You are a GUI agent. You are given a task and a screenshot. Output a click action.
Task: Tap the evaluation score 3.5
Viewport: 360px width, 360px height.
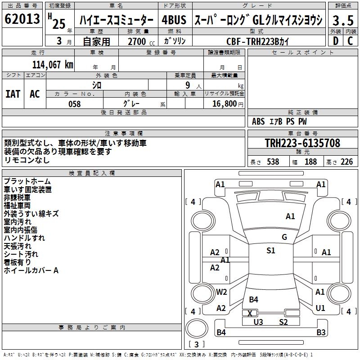343,20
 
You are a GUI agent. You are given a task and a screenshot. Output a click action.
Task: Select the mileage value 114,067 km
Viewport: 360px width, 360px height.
53,64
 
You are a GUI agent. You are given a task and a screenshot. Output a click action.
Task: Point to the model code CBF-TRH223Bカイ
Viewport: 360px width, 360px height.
258,41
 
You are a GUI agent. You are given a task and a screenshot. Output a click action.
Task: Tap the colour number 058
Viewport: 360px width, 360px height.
74,104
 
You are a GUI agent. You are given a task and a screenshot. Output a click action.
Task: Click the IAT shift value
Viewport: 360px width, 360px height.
13,94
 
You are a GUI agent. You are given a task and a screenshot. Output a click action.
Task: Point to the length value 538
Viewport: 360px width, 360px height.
273,162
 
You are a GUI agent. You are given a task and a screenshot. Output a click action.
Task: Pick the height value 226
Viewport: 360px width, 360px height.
346,162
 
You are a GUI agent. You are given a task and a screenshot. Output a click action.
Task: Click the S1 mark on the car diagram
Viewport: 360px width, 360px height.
270,251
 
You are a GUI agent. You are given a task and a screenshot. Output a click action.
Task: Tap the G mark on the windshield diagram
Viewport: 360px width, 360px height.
284,237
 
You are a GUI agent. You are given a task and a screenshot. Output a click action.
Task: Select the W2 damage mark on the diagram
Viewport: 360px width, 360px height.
221,292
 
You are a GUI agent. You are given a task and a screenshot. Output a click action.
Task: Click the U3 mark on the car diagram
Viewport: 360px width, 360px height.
258,321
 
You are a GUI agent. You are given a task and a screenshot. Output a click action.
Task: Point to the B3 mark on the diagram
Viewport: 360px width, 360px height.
320,333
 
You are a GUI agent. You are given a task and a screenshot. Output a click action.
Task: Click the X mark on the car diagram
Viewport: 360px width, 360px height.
250,313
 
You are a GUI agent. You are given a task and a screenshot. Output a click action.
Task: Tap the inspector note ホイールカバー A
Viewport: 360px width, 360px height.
31,270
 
